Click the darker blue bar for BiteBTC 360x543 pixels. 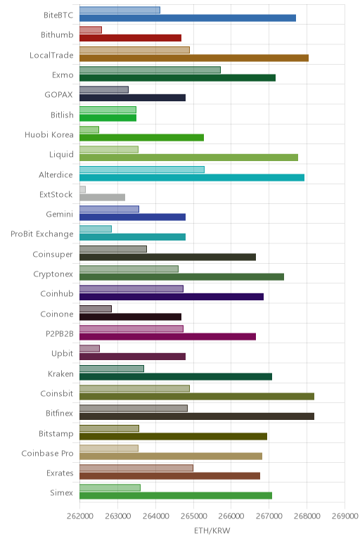[188, 18]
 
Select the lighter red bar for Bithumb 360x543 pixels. [91, 30]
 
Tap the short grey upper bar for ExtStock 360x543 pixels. [83, 189]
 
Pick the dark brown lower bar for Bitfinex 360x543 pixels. [197, 416]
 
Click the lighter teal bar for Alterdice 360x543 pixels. [142, 170]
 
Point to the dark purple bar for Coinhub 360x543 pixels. [172, 297]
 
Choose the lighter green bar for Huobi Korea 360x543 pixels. [89, 129]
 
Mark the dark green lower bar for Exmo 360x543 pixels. [178, 78]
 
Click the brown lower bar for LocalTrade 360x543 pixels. [194, 58]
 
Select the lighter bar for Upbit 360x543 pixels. [90, 348]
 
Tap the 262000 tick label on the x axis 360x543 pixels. [80, 516]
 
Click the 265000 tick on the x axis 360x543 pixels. [193, 516]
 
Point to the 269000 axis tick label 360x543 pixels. [345, 516]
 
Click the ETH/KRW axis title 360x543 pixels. [212, 531]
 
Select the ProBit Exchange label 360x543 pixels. [42, 234]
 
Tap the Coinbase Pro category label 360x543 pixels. [47, 453]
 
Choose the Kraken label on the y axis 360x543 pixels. [60, 374]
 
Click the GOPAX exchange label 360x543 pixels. [59, 94]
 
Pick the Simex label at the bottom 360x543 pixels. [62, 493]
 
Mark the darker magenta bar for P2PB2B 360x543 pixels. [168, 337]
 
